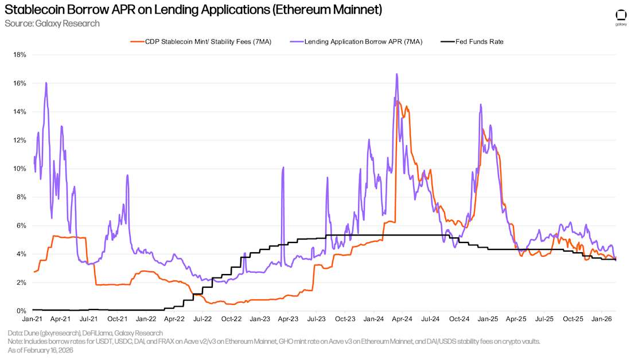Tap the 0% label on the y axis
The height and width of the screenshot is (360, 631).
(22, 311)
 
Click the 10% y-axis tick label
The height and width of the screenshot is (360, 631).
(21, 169)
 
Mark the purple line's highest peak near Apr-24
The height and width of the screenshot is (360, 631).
(396, 74)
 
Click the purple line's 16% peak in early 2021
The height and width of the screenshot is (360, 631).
(46, 83)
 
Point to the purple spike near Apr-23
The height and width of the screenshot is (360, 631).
(283, 167)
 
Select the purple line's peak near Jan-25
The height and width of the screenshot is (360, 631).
(481, 104)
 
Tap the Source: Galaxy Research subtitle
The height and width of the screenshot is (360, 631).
(52, 24)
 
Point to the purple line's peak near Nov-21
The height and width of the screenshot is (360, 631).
(127, 175)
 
